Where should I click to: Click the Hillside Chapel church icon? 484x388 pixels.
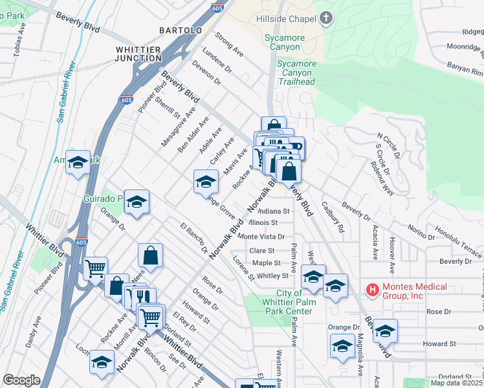click(x=325, y=18)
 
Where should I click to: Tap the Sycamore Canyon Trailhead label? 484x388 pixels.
click(x=296, y=72)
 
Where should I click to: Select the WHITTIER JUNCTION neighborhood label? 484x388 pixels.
click(x=138, y=54)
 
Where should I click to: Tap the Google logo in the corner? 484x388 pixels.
click(x=21, y=380)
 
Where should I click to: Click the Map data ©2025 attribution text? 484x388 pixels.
click(x=456, y=383)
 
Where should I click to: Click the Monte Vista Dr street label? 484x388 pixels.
click(x=266, y=237)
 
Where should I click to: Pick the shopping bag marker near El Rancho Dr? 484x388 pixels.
click(x=150, y=254)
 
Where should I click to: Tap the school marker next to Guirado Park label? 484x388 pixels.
click(x=137, y=202)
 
